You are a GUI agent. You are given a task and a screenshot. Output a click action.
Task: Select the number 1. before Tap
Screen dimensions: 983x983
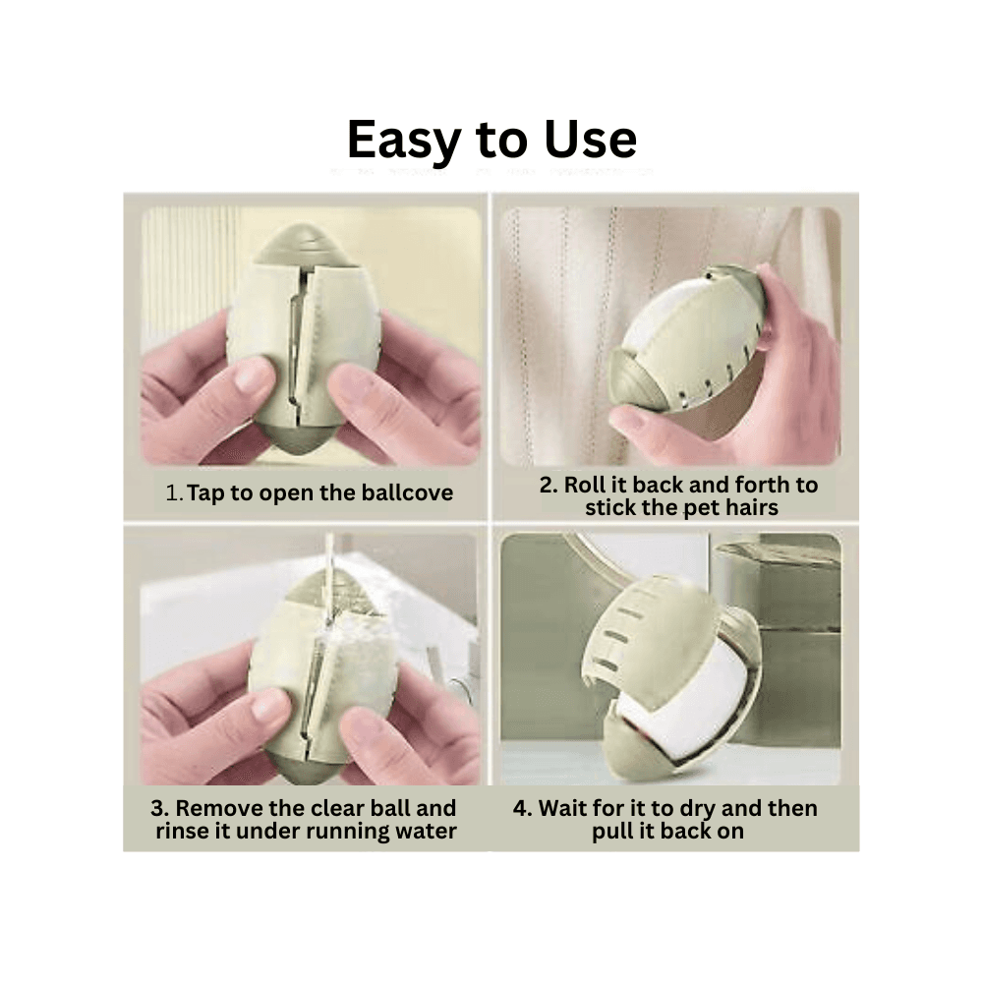[x=174, y=493]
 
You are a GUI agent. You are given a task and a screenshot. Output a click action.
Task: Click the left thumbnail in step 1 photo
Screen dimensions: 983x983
[x=253, y=376]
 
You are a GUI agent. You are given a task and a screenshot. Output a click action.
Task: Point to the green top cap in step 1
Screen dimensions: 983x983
[x=301, y=246]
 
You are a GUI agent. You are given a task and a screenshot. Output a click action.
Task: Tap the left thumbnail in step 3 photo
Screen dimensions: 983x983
[x=265, y=705]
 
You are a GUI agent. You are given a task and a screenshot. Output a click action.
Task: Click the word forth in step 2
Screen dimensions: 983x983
[x=756, y=485]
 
